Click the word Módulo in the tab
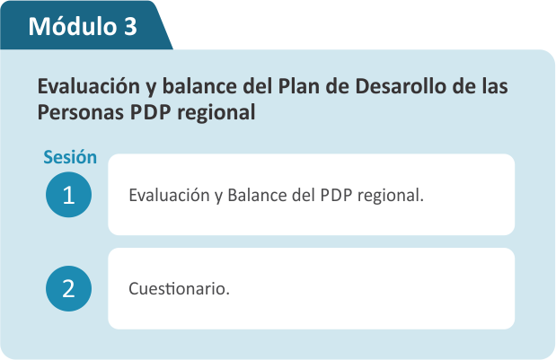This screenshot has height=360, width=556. [73, 26]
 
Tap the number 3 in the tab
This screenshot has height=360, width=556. [130, 27]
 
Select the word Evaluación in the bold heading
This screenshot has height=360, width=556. [89, 87]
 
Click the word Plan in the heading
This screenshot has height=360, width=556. [298, 86]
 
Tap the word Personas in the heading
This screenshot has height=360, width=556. [81, 112]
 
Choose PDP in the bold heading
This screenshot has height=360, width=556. [150, 112]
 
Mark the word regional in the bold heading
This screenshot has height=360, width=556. [216, 113]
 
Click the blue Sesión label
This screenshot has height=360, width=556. [70, 157]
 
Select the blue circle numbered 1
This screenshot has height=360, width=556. [69, 195]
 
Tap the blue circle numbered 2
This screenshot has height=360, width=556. [69, 288]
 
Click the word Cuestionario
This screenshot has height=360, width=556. [179, 288]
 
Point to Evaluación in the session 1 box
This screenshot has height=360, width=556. [169, 195]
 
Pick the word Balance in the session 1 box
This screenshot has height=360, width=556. [257, 195]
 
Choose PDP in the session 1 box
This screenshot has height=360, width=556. [336, 195]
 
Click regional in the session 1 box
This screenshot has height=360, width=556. [391, 196]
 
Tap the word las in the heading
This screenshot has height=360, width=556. [495, 86]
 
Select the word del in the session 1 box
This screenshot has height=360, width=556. [304, 195]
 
